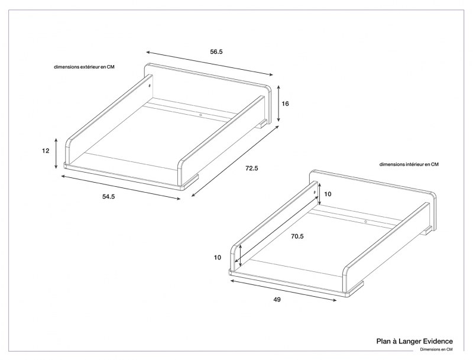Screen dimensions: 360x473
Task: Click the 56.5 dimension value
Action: tap(216, 51)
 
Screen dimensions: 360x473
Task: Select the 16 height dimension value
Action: tap(286, 103)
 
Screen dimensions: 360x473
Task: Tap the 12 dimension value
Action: tap(46, 151)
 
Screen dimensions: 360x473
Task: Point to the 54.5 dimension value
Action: tap(108, 196)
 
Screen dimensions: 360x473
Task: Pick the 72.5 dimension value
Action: tap(252, 168)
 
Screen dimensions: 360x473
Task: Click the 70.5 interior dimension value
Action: tap(297, 236)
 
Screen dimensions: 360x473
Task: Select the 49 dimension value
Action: tap(277, 300)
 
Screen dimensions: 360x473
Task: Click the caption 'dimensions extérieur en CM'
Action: tap(84, 67)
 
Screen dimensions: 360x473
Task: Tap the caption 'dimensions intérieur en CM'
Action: tap(409, 164)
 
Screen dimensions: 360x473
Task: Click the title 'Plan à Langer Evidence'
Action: tap(414, 341)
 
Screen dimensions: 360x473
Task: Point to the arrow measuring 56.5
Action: tap(210, 63)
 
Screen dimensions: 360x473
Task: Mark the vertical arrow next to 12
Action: tap(56, 153)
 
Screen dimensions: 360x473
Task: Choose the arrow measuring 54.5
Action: tap(121, 186)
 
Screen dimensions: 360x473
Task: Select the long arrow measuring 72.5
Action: tap(235, 164)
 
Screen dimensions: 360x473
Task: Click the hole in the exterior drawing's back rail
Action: tap(200, 114)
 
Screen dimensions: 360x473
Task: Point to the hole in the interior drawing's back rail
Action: tap(366, 221)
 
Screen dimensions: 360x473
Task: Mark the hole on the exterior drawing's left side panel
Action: tap(150, 86)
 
